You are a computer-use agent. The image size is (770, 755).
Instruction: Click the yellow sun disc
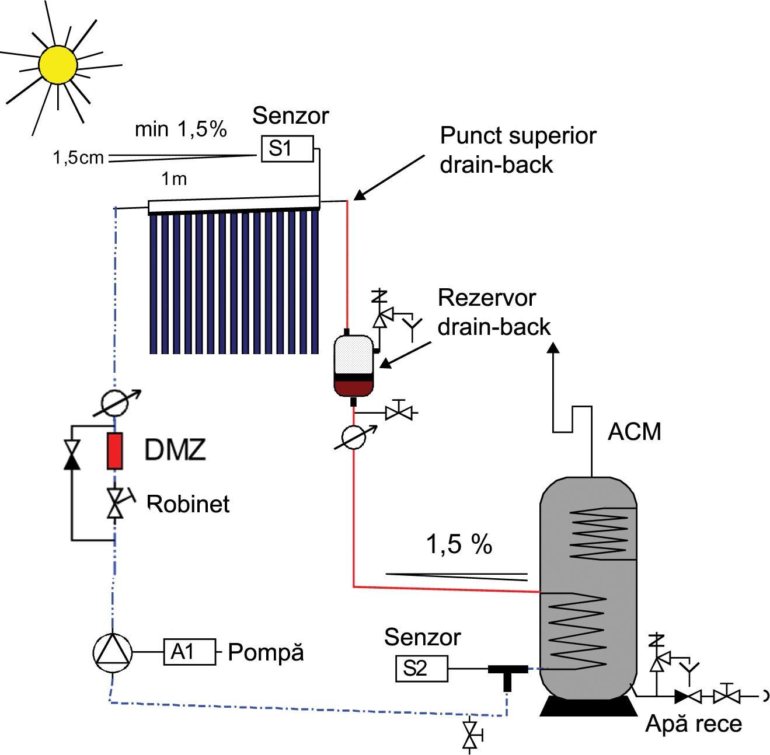(x=58, y=64)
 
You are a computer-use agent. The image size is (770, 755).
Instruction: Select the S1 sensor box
(x=287, y=149)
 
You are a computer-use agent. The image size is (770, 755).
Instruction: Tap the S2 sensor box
(x=421, y=668)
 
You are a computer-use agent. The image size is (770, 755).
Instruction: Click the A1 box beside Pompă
(x=189, y=652)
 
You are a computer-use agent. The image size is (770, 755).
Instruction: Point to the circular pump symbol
(x=113, y=652)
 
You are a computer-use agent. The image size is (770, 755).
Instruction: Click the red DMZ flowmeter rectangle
(x=114, y=451)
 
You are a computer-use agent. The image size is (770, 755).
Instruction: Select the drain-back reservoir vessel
(x=353, y=365)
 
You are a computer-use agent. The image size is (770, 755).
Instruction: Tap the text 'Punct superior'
(x=518, y=135)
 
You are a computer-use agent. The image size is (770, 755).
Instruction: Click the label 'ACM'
(x=634, y=432)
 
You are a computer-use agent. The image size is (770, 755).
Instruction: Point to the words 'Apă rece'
(x=693, y=724)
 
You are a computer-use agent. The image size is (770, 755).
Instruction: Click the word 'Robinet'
(x=188, y=504)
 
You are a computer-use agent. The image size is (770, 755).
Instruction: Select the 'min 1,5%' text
(x=180, y=129)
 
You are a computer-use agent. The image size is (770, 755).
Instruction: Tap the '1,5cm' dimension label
(x=78, y=158)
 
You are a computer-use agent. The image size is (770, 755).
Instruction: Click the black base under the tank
(x=588, y=706)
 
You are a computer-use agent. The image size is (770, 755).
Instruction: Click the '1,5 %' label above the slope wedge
(x=459, y=544)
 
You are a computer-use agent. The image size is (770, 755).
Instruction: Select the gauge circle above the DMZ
(x=114, y=403)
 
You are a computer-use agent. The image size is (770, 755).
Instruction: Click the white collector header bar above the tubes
(x=234, y=206)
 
